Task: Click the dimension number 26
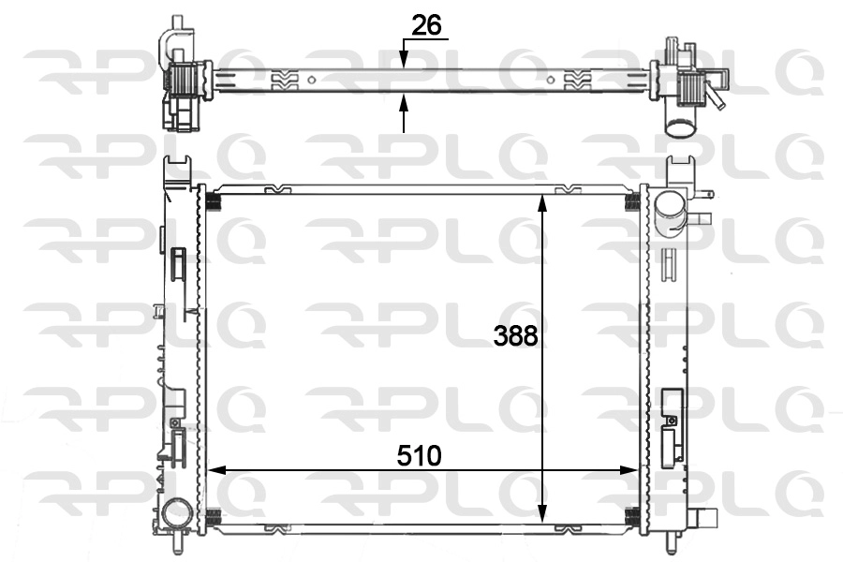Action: click(x=426, y=26)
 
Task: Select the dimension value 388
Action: click(x=516, y=335)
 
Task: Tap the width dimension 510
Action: click(x=419, y=456)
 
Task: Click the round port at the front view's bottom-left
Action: click(x=175, y=513)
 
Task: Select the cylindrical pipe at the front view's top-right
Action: click(x=671, y=214)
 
